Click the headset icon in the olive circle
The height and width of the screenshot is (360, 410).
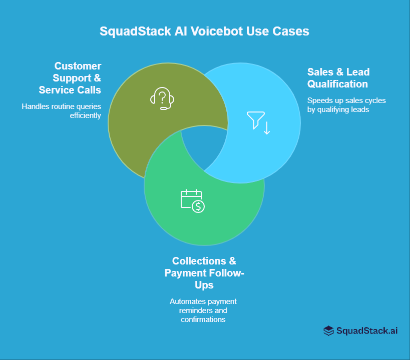[162, 98]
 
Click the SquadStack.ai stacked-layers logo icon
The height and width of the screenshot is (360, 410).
[328, 330]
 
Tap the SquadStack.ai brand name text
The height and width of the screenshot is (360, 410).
[367, 330]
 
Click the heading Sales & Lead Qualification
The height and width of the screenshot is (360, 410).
[338, 78]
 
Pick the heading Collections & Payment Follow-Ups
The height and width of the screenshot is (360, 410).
[204, 273]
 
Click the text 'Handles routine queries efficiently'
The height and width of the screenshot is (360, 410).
[61, 111]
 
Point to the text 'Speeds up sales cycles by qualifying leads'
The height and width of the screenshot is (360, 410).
[346, 105]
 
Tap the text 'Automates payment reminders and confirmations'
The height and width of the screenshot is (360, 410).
[203, 310]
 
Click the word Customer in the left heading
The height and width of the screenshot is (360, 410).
[78, 66]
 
